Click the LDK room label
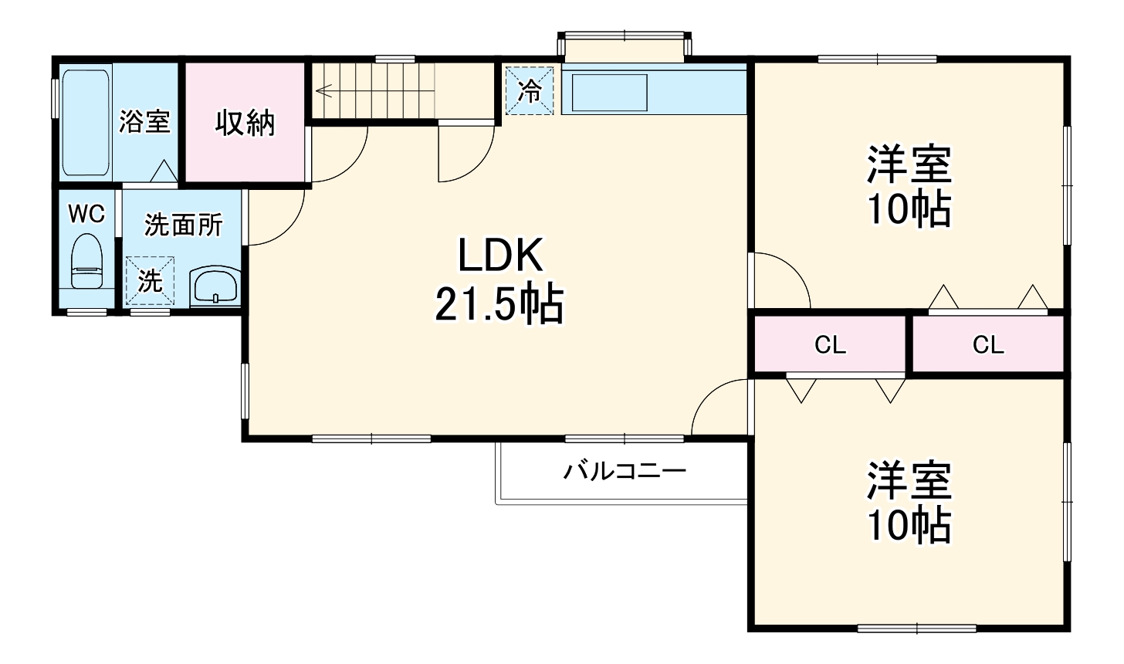[501, 256]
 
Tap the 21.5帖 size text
[499, 304]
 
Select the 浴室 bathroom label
[144, 121]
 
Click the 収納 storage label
[245, 123]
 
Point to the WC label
[86, 214]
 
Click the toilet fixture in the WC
[86, 263]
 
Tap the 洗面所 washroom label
[184, 225]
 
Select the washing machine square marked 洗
[150, 281]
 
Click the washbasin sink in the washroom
[215, 287]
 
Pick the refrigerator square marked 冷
[530, 91]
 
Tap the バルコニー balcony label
[624, 470]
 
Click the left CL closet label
[831, 345]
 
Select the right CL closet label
[988, 345]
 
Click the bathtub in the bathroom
[86, 123]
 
